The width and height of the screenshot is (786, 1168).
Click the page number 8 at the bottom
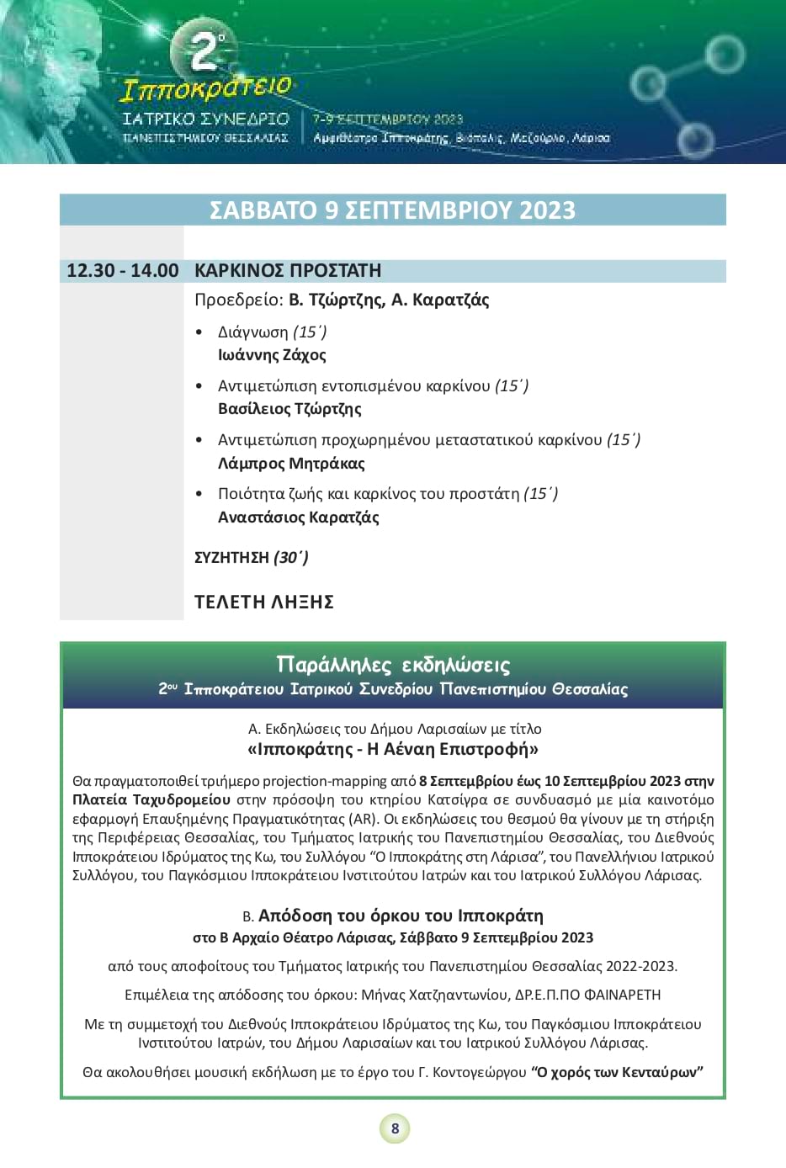395,1128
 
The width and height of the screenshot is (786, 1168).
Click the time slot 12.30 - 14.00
123,271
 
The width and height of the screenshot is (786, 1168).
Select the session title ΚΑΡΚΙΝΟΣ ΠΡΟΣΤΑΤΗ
288,271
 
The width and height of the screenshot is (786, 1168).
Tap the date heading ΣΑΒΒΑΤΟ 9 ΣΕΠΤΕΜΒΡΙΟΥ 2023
392,210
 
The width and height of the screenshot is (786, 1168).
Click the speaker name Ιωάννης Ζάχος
272,355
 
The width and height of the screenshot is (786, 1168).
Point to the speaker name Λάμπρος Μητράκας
291,463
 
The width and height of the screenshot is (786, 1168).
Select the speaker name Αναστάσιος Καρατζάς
299,517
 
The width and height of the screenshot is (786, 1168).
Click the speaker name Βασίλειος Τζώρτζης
289,409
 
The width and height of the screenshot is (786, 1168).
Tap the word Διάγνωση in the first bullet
252,332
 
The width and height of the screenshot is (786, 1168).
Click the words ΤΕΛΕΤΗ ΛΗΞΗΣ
264,602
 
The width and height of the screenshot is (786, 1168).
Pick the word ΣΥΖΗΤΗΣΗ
231,558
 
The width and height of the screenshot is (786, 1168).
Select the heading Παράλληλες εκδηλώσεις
393,665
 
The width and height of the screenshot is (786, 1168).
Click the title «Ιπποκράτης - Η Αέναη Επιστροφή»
393,749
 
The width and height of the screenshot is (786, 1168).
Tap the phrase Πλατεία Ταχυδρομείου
151,799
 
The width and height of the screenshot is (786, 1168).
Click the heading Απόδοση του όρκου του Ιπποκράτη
401,916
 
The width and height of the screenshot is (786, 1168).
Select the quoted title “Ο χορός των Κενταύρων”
617,1072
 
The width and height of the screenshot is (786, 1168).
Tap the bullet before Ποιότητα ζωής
199,494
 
